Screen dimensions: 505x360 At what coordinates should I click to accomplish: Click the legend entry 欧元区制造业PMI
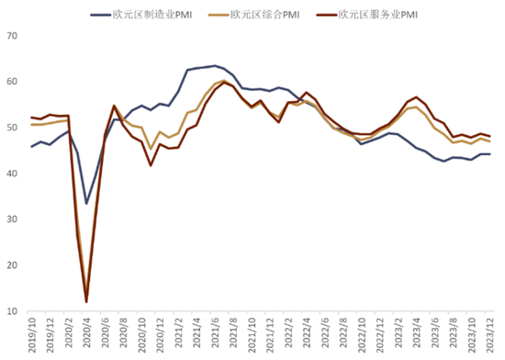(x=141, y=15)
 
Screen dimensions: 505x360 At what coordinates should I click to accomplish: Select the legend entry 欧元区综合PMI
(x=254, y=15)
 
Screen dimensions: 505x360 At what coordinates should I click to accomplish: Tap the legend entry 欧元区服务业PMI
(x=367, y=15)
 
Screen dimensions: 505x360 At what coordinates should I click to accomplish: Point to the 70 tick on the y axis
(x=12, y=36)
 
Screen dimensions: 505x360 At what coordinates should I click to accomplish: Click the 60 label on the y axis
(x=12, y=82)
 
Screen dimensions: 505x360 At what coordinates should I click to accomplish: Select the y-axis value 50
(x=12, y=128)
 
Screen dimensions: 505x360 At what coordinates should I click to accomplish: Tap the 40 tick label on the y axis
(x=12, y=174)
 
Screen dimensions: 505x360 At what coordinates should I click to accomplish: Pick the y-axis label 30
(x=12, y=219)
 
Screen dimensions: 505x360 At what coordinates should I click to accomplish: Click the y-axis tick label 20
(x=12, y=265)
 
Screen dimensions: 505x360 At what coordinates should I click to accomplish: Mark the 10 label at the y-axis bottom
(x=12, y=311)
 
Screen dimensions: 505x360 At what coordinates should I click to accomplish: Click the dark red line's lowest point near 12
(x=86, y=302)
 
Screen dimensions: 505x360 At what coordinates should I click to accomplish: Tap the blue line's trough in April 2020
(x=86, y=204)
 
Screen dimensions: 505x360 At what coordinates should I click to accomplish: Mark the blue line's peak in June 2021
(x=215, y=66)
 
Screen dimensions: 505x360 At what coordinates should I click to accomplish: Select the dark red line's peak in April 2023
(x=417, y=97)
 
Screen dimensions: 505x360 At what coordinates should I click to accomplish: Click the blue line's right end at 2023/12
(x=490, y=154)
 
